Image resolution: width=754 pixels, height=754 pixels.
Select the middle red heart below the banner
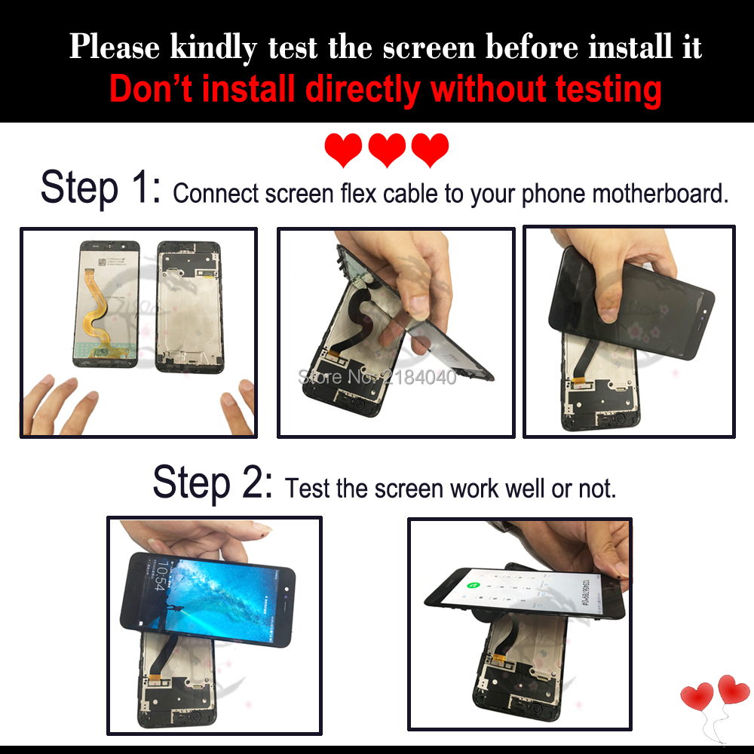click(387, 149)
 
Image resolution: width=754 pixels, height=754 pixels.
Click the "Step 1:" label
click(100, 188)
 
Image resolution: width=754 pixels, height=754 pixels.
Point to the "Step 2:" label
click(213, 483)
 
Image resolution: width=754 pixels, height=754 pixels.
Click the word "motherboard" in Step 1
click(659, 194)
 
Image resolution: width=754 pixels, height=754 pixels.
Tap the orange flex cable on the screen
click(106, 317)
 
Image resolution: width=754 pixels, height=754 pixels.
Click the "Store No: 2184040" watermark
click(378, 376)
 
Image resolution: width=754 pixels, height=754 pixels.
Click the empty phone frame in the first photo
click(188, 305)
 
